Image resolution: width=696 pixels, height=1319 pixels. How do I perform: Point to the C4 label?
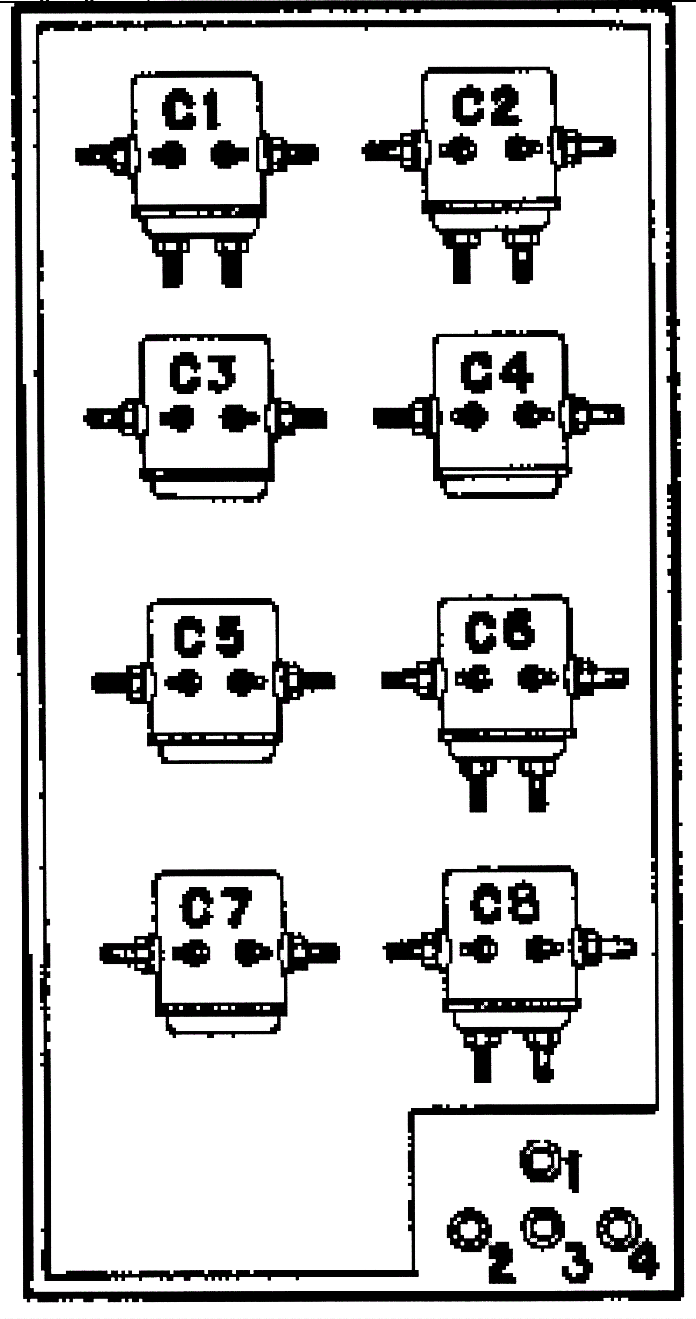[496, 371]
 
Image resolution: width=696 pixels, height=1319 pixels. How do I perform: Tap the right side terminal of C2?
[589, 147]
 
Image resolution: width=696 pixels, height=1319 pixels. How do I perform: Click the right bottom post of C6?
[537, 792]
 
